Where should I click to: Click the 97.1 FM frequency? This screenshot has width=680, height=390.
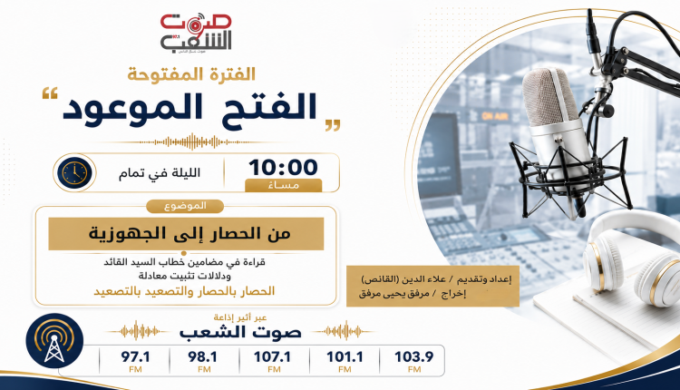(x=135, y=361)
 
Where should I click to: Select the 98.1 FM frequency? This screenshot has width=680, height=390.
(x=203, y=361)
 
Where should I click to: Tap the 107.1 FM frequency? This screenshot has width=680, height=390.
(x=272, y=361)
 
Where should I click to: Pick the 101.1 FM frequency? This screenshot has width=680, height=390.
(x=345, y=361)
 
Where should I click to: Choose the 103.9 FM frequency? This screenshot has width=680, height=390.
(x=413, y=361)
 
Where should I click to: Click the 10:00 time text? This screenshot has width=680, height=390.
(x=283, y=168)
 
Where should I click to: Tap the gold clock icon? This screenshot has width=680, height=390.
(x=74, y=172)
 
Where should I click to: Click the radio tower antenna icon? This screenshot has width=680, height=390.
(x=54, y=341)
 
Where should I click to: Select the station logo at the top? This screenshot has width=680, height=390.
(x=196, y=33)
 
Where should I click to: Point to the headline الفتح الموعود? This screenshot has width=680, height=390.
(x=190, y=107)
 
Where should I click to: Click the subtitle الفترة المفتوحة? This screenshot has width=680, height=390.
(x=191, y=74)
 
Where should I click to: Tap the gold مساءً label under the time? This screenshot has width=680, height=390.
(x=284, y=185)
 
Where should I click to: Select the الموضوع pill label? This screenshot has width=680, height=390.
(x=185, y=206)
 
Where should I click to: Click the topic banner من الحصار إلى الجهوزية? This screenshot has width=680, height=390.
(x=186, y=234)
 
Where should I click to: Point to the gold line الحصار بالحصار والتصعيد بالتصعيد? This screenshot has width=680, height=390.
(x=184, y=291)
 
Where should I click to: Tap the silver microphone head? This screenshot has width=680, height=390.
(x=551, y=99)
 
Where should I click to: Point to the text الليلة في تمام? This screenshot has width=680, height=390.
(x=160, y=173)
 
